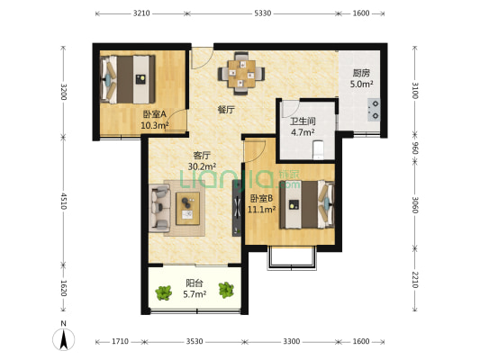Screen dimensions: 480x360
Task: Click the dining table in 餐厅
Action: [x=241, y=74]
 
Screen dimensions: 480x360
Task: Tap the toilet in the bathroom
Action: [x=319, y=150]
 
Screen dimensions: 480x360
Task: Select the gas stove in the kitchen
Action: [x=374, y=110]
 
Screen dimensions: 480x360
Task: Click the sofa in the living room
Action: [x=159, y=208]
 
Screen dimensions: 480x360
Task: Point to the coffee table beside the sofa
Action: [x=187, y=208]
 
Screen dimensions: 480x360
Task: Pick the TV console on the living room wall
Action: [x=237, y=208]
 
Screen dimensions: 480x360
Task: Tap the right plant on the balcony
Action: [x=226, y=290]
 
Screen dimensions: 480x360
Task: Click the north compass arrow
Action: [x=64, y=339]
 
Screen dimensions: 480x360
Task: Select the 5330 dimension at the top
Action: [x=263, y=13]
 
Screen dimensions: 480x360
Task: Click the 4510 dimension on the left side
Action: [x=64, y=201]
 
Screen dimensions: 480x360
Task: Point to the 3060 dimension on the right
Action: [x=415, y=204]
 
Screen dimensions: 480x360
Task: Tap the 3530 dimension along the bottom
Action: [x=195, y=341]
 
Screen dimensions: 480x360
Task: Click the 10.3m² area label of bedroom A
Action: [x=155, y=125]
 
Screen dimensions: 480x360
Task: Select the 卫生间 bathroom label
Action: [x=303, y=121]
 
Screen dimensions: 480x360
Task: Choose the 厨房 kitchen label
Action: [x=361, y=73]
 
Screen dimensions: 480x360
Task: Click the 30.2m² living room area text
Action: [x=202, y=166]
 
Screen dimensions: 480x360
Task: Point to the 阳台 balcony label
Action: [x=195, y=283]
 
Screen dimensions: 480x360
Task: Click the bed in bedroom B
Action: [x=307, y=204]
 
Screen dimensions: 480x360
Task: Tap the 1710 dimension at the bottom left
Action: [x=120, y=341]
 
